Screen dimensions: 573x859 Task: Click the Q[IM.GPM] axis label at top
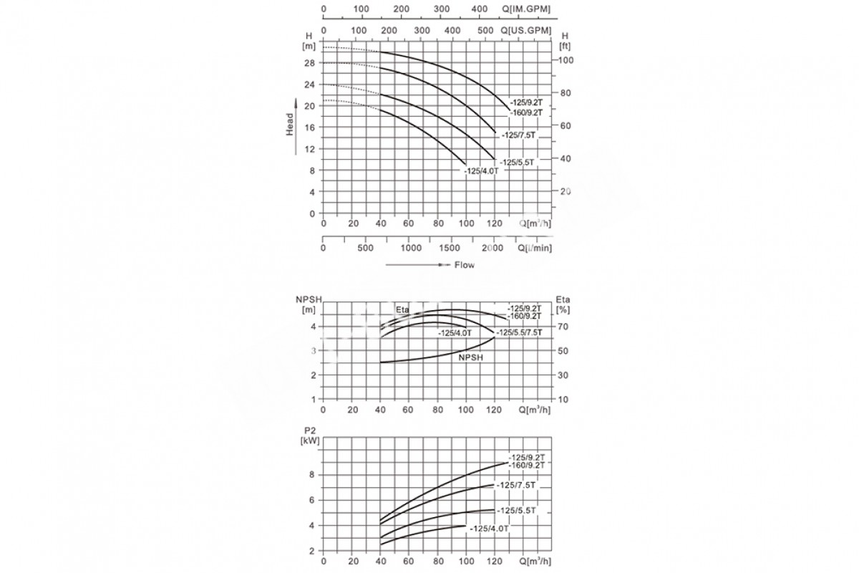[526, 9]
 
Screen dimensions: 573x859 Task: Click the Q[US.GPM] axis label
[526, 30]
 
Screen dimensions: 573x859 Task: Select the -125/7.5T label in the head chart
[518, 136]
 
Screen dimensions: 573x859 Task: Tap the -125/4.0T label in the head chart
[481, 170]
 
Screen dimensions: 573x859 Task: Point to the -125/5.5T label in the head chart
[517, 163]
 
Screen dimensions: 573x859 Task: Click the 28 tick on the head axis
[309, 63]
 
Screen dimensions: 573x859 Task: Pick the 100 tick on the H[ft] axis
[566, 60]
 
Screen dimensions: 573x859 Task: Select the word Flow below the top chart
[464, 264]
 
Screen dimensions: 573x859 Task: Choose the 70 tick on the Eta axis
[563, 327]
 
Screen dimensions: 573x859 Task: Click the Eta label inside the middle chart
[403, 309]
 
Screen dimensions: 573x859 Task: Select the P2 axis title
[309, 430]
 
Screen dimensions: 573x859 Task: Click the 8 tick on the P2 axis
[312, 474]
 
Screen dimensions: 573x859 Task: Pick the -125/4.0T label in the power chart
[489, 529]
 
